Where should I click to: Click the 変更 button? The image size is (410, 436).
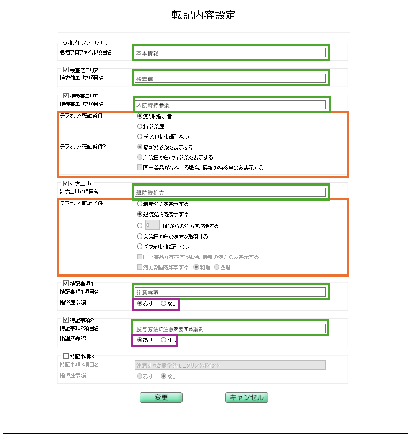(x=161, y=397)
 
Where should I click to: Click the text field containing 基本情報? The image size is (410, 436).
(x=230, y=52)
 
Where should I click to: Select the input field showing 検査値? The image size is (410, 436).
(x=230, y=78)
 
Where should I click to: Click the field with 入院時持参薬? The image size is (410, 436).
(x=230, y=105)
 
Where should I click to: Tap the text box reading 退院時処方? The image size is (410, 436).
(x=230, y=192)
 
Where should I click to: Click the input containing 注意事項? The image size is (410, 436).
(x=230, y=292)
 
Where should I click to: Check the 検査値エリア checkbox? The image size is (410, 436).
(x=66, y=70)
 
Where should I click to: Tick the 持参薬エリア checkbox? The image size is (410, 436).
(x=66, y=96)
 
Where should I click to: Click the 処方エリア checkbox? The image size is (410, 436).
(x=66, y=183)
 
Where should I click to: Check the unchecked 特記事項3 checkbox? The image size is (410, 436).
(x=66, y=356)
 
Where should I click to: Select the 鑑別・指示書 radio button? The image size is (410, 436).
(x=140, y=116)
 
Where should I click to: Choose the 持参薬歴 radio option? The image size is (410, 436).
(x=140, y=127)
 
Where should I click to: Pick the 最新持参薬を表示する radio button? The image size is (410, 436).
(x=140, y=147)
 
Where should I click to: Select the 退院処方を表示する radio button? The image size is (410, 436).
(x=140, y=214)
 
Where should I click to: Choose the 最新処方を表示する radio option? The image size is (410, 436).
(x=140, y=204)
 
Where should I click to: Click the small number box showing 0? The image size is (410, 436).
(x=151, y=225)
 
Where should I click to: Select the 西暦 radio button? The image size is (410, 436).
(x=217, y=267)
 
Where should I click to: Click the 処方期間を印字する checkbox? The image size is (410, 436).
(x=140, y=267)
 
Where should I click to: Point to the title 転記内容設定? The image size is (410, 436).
(x=204, y=15)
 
